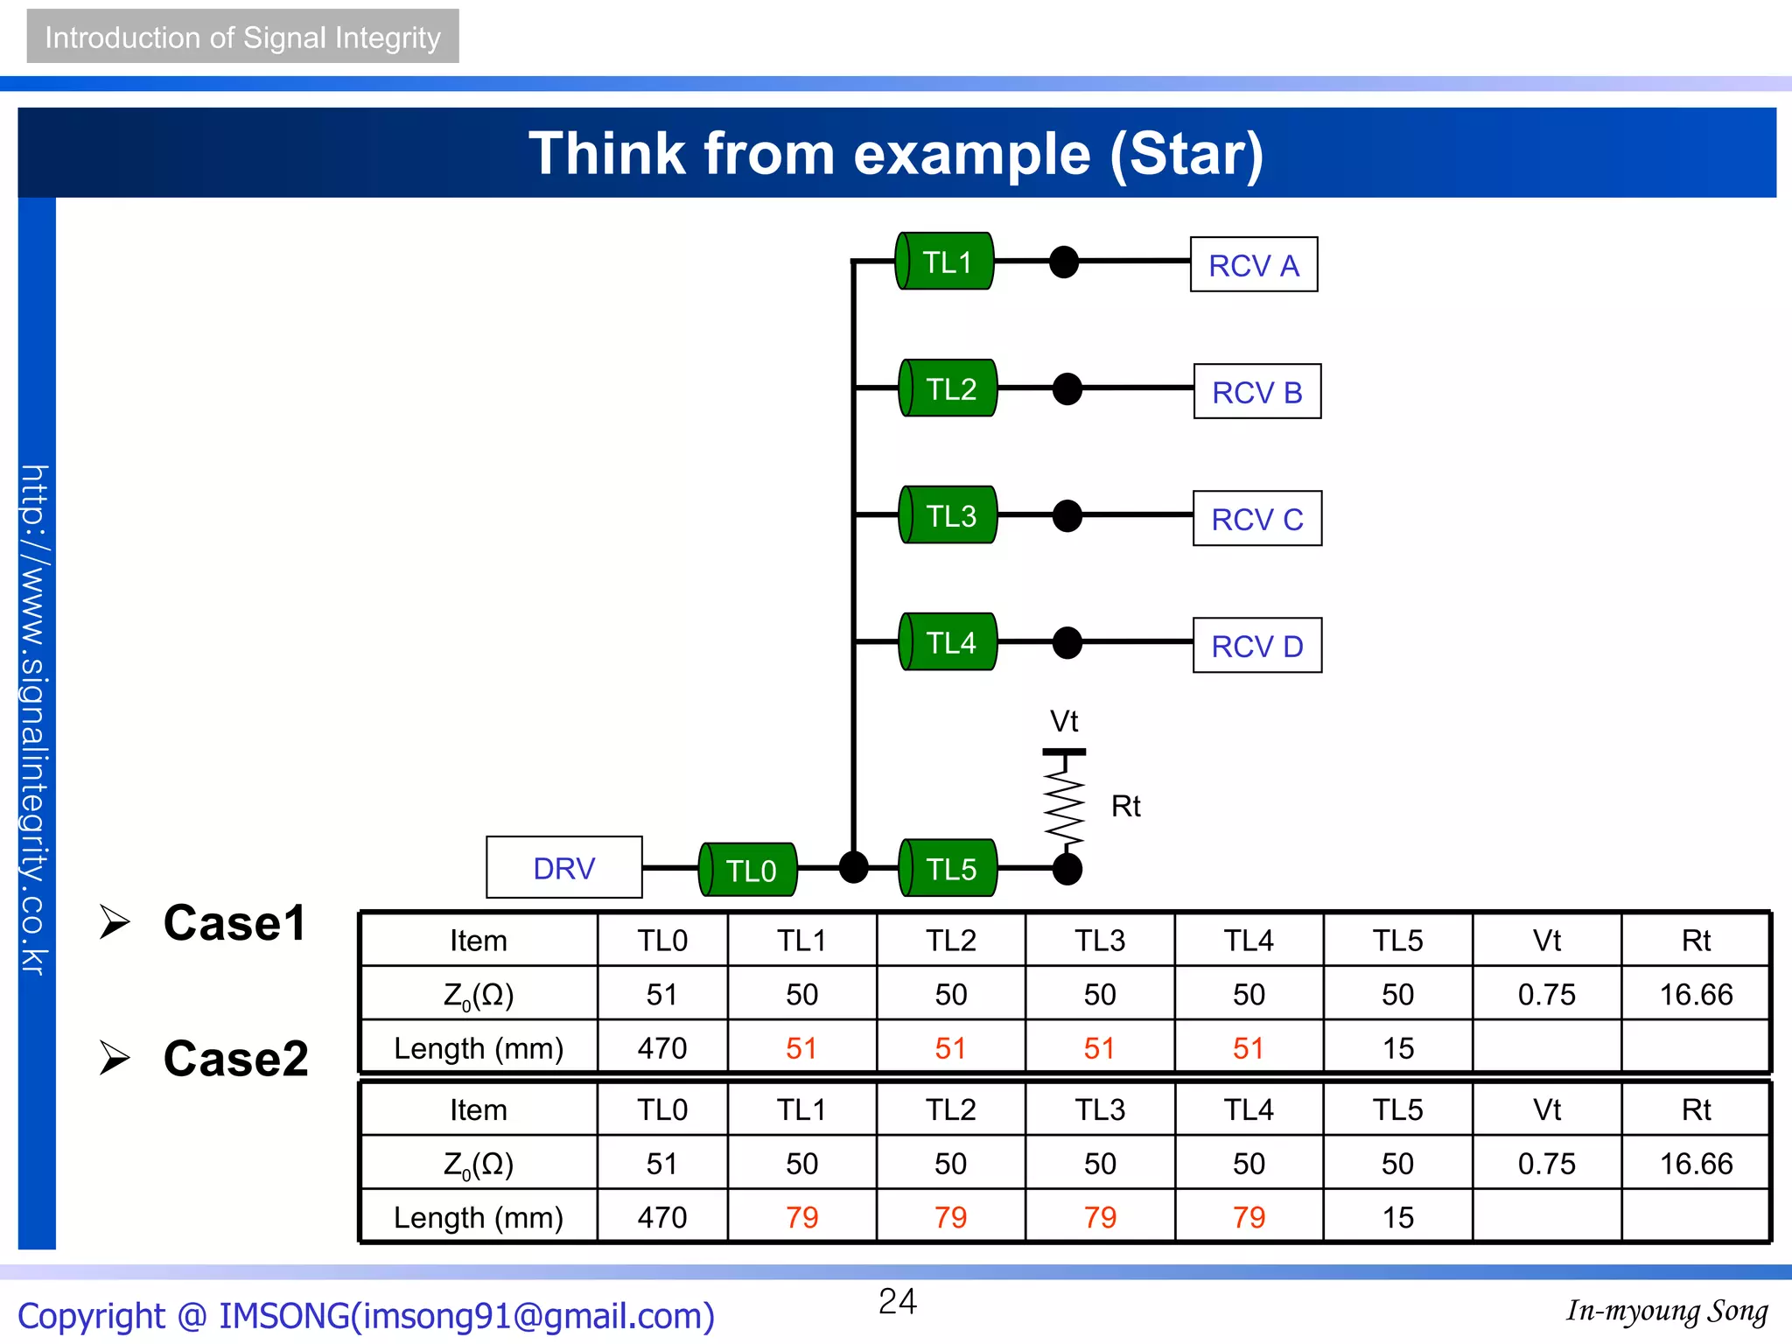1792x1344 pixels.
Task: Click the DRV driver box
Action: click(x=564, y=867)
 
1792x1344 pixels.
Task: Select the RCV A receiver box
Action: click(x=1254, y=264)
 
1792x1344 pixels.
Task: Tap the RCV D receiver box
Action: click(x=1257, y=646)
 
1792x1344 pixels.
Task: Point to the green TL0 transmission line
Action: click(x=748, y=870)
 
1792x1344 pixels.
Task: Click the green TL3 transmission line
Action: click(x=948, y=515)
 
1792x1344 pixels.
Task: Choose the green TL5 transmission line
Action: click(x=948, y=868)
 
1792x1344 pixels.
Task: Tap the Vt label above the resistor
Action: click(x=1064, y=722)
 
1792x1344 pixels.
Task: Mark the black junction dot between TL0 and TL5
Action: click(x=853, y=867)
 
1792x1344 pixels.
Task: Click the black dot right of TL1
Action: click(x=1064, y=262)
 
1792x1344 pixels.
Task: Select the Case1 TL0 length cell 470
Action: click(x=662, y=1047)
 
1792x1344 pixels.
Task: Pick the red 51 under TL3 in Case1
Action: click(x=1100, y=1047)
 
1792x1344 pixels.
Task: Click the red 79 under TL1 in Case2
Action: click(x=801, y=1217)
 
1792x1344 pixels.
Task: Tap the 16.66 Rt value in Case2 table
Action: click(x=1696, y=1164)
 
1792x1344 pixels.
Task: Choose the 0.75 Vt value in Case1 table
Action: click(x=1546, y=994)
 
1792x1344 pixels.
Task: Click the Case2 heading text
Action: click(x=235, y=1058)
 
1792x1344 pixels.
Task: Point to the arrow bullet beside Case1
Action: click(x=115, y=922)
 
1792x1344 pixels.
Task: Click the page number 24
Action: click(x=898, y=1301)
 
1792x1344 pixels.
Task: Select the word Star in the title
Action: click(x=1186, y=154)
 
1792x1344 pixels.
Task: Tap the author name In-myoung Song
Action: click(x=1667, y=1311)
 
